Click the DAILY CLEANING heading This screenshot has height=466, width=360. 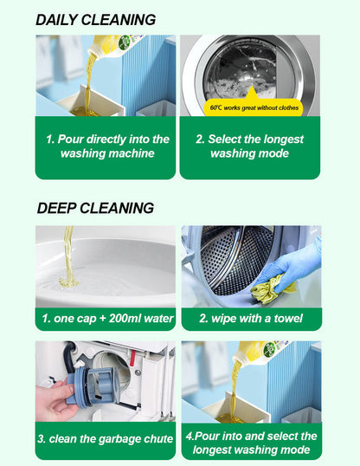click(96, 20)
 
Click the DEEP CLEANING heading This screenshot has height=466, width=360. click(95, 208)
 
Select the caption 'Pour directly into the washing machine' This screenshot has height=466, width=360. click(106, 146)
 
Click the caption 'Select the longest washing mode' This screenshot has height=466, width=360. click(249, 146)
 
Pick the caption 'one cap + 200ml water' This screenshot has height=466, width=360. click(106, 319)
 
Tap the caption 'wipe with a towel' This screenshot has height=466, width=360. click(251, 319)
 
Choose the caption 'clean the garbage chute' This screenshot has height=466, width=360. click(106, 439)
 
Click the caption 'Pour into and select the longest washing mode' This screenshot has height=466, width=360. click(251, 443)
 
